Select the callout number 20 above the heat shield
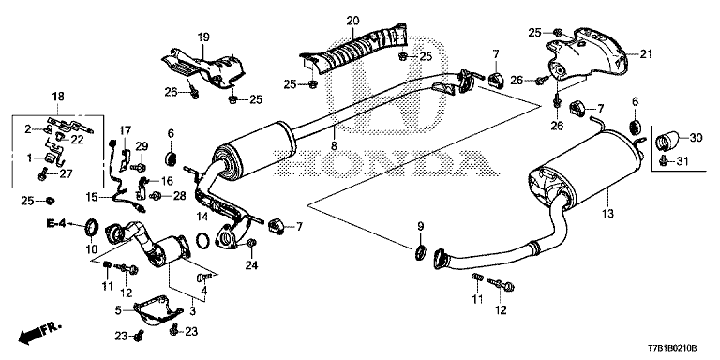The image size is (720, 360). (x=352, y=21)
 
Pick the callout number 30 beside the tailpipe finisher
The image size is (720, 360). (x=695, y=139)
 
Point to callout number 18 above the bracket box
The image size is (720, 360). (x=59, y=97)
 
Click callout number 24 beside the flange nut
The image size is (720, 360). (x=250, y=265)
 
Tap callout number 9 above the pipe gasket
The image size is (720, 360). (x=421, y=226)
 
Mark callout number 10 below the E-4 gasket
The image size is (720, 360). (x=91, y=248)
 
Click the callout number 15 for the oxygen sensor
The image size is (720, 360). (x=93, y=197)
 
